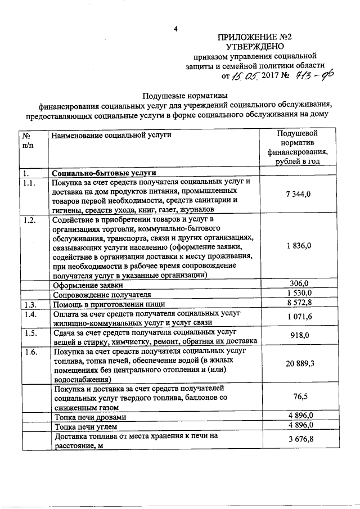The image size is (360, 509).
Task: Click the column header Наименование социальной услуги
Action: pos(111,135)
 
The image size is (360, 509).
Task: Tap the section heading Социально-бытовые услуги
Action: pos(103,172)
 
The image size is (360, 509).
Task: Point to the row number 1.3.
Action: pos(30,304)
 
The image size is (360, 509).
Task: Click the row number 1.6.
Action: pos(30,352)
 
